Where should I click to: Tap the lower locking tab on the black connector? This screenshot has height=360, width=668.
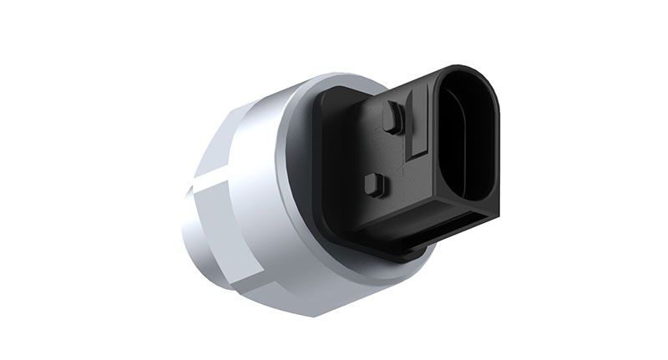[x=375, y=185]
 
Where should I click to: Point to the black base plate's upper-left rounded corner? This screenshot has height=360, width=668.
[x=327, y=94]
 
